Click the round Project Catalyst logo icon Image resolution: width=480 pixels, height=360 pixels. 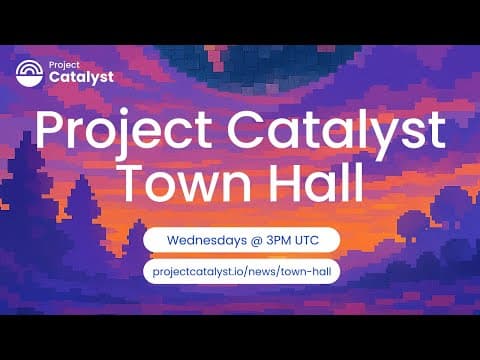[x=30, y=72]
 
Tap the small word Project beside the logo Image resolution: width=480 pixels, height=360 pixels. [x=63, y=63]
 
